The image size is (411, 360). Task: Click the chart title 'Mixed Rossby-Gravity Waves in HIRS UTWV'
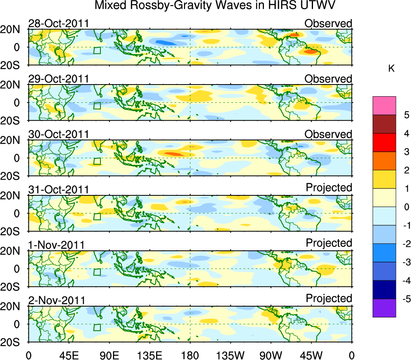215,6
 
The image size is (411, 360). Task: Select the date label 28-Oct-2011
58,23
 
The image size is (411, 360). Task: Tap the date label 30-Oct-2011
58,134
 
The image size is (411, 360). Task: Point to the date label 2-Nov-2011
57,301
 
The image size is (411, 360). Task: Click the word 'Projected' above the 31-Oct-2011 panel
329,187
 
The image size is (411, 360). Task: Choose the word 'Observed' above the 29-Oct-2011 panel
328,79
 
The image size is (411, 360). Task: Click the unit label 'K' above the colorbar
392,69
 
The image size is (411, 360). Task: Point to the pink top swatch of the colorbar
384,106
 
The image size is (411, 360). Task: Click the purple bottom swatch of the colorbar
384,308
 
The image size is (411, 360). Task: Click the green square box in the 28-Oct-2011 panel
97,51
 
